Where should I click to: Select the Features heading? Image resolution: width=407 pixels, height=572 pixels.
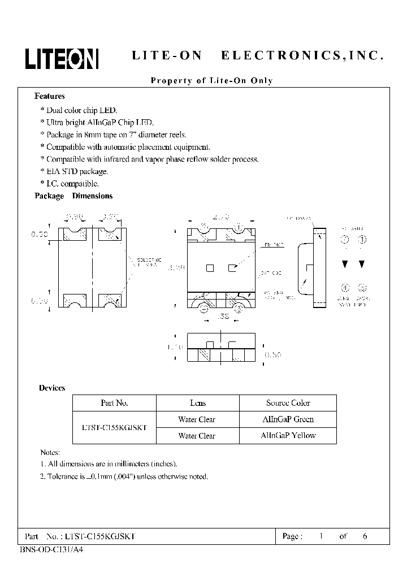click(x=50, y=96)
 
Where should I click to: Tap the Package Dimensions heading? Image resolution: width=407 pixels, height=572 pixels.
click(x=73, y=196)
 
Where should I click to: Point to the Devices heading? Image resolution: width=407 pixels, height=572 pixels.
click(x=52, y=388)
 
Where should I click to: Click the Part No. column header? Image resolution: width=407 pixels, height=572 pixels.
click(x=114, y=403)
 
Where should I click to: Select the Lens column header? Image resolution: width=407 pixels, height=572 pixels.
click(x=198, y=403)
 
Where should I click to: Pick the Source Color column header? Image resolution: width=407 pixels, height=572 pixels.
click(x=288, y=403)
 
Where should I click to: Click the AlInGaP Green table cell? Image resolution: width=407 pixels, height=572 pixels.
click(x=288, y=419)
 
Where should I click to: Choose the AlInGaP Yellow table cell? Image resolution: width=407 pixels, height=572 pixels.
click(x=288, y=436)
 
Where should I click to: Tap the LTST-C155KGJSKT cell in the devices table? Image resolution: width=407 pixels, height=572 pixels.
click(x=114, y=428)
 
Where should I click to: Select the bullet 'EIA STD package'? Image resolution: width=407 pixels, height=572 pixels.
click(x=74, y=171)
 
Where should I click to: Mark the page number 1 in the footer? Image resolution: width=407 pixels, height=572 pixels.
click(x=321, y=536)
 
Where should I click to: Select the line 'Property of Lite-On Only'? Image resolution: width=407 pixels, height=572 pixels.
click(x=212, y=81)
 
